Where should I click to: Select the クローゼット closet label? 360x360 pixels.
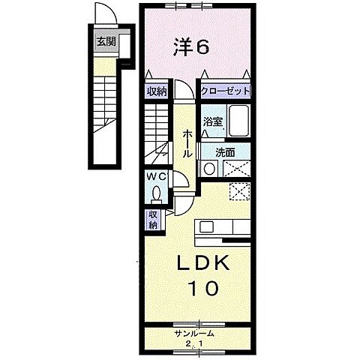coord(225,91)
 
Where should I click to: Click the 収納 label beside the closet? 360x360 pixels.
coord(156,91)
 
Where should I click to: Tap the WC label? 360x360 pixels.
coord(156,177)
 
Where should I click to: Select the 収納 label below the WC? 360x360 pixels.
coord(152,220)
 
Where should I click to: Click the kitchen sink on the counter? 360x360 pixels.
coord(208,226)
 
